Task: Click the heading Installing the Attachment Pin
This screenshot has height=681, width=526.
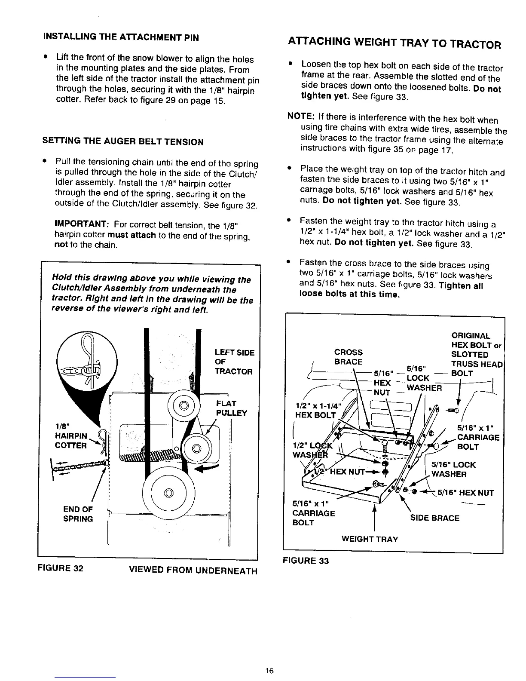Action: coord(120,37)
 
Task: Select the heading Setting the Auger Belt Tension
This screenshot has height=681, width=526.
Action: coord(122,141)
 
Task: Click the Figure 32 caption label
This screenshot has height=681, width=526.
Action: coord(60,567)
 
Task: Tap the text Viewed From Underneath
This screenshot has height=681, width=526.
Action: coord(193,571)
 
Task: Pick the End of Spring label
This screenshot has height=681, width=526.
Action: coord(78,514)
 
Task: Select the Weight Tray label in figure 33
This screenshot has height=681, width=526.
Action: coord(370,539)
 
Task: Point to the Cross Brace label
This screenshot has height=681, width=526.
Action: coord(348,357)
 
